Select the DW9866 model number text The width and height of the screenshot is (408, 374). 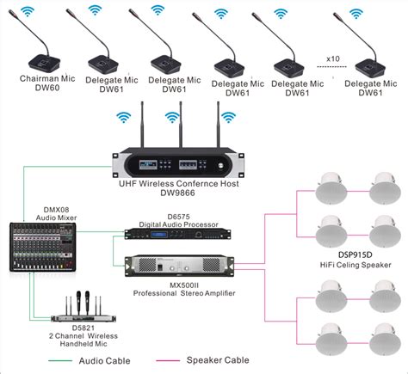point(177,193)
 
